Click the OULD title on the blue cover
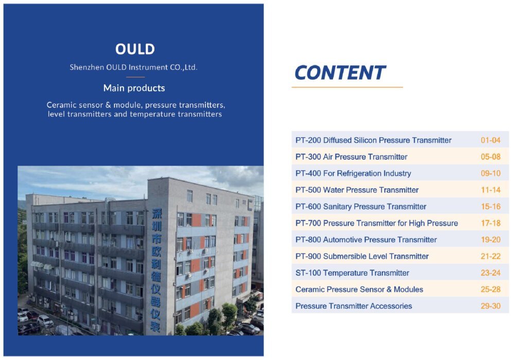point(135,49)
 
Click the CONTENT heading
point(340,73)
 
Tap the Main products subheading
point(134,88)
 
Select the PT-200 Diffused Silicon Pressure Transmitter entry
point(373,140)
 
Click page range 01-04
point(490,140)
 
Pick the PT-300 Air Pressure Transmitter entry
point(351,157)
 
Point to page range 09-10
point(490,173)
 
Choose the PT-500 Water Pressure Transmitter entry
point(357,190)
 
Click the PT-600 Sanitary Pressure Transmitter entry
point(361,207)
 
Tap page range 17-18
point(490,223)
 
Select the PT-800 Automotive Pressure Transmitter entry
point(366,240)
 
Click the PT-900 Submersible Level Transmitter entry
point(362,256)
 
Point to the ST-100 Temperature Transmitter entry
point(352,273)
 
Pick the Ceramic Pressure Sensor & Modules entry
point(359,290)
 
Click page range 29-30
point(490,306)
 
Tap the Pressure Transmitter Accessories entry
point(354,306)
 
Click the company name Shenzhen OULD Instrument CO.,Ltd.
point(133,67)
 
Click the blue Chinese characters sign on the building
point(156,270)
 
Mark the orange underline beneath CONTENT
point(347,87)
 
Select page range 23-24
point(490,273)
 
